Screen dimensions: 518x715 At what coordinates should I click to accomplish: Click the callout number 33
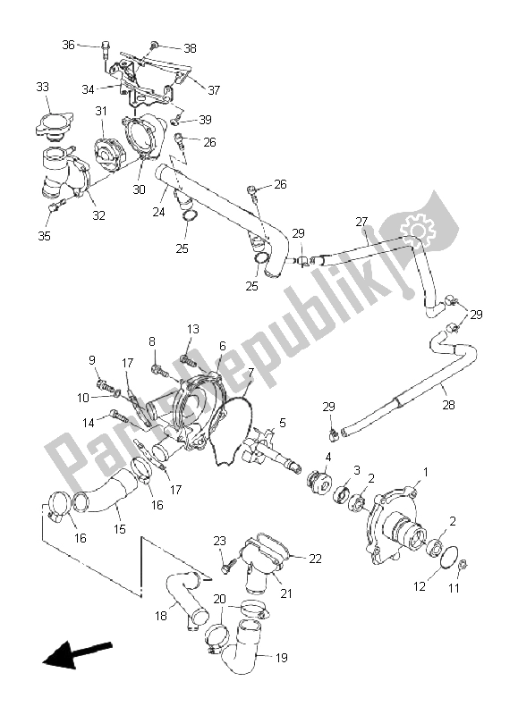click(42, 87)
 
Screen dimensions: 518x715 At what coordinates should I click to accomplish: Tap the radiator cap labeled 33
click(54, 124)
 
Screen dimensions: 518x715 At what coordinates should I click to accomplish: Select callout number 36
click(68, 45)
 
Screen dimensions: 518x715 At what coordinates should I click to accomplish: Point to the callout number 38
click(190, 48)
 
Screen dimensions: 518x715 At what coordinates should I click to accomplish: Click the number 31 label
click(101, 111)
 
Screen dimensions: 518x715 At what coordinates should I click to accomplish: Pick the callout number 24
click(158, 212)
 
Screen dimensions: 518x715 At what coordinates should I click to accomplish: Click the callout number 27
click(361, 222)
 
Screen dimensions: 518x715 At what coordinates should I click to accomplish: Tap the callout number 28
click(448, 405)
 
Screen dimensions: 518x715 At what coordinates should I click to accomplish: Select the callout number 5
click(283, 423)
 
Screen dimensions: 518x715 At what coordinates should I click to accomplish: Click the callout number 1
click(425, 472)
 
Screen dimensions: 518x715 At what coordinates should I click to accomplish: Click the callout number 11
click(454, 589)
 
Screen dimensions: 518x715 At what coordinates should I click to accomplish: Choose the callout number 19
click(282, 658)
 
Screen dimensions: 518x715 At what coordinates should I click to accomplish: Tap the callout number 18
click(161, 616)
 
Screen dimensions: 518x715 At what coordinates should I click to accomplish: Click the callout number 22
click(316, 559)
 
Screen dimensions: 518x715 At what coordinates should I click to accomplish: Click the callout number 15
click(120, 529)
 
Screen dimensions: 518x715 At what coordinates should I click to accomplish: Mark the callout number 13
click(193, 329)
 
